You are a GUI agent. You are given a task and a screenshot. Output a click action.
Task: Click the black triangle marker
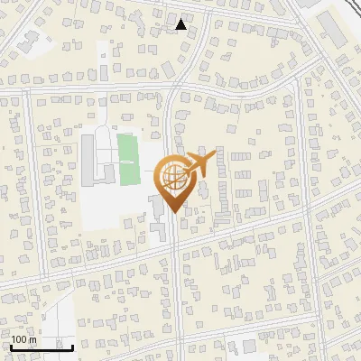[x=181, y=24]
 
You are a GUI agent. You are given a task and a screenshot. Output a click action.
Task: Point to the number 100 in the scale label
[x=20, y=339]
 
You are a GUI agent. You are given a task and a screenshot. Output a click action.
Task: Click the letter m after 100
[x=33, y=339]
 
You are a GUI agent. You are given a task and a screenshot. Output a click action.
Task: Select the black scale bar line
[x=41, y=347]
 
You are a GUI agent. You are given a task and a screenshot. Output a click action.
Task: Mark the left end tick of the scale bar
[x=10, y=346]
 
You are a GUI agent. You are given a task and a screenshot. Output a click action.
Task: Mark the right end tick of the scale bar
[x=72, y=346]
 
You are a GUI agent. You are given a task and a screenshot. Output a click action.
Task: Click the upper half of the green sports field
[x=129, y=147]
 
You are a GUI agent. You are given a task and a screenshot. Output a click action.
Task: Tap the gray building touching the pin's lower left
[x=158, y=206]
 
